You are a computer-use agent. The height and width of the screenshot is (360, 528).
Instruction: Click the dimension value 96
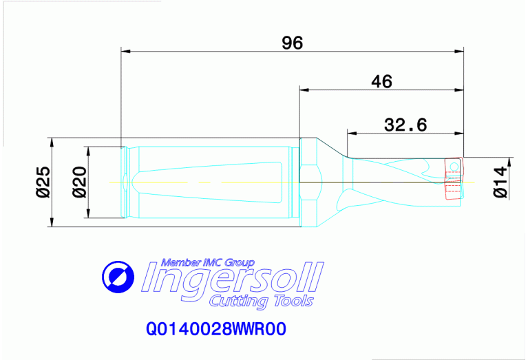(x=292, y=43)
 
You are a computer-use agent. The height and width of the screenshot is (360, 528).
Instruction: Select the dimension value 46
(x=381, y=82)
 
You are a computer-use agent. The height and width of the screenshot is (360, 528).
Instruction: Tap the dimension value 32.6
(x=405, y=125)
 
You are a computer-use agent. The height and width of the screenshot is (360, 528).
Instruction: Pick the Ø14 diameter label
(x=501, y=182)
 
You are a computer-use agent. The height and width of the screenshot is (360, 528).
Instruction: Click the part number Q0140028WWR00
(x=215, y=330)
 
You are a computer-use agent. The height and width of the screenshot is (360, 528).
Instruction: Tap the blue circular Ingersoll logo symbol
(x=118, y=277)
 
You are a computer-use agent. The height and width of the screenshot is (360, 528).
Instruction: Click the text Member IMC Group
(x=207, y=262)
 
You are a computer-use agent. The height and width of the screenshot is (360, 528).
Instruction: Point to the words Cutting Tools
(x=261, y=301)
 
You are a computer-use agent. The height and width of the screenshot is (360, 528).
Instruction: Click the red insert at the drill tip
(x=454, y=178)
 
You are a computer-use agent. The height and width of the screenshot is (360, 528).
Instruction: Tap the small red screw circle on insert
(x=454, y=166)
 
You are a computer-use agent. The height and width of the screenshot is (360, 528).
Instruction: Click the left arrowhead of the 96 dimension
(x=125, y=50)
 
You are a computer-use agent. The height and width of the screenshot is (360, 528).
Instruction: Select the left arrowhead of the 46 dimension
(x=303, y=89)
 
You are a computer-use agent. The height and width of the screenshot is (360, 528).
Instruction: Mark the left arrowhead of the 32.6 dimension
(x=350, y=132)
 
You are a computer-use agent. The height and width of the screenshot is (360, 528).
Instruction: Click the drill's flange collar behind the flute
(x=308, y=182)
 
